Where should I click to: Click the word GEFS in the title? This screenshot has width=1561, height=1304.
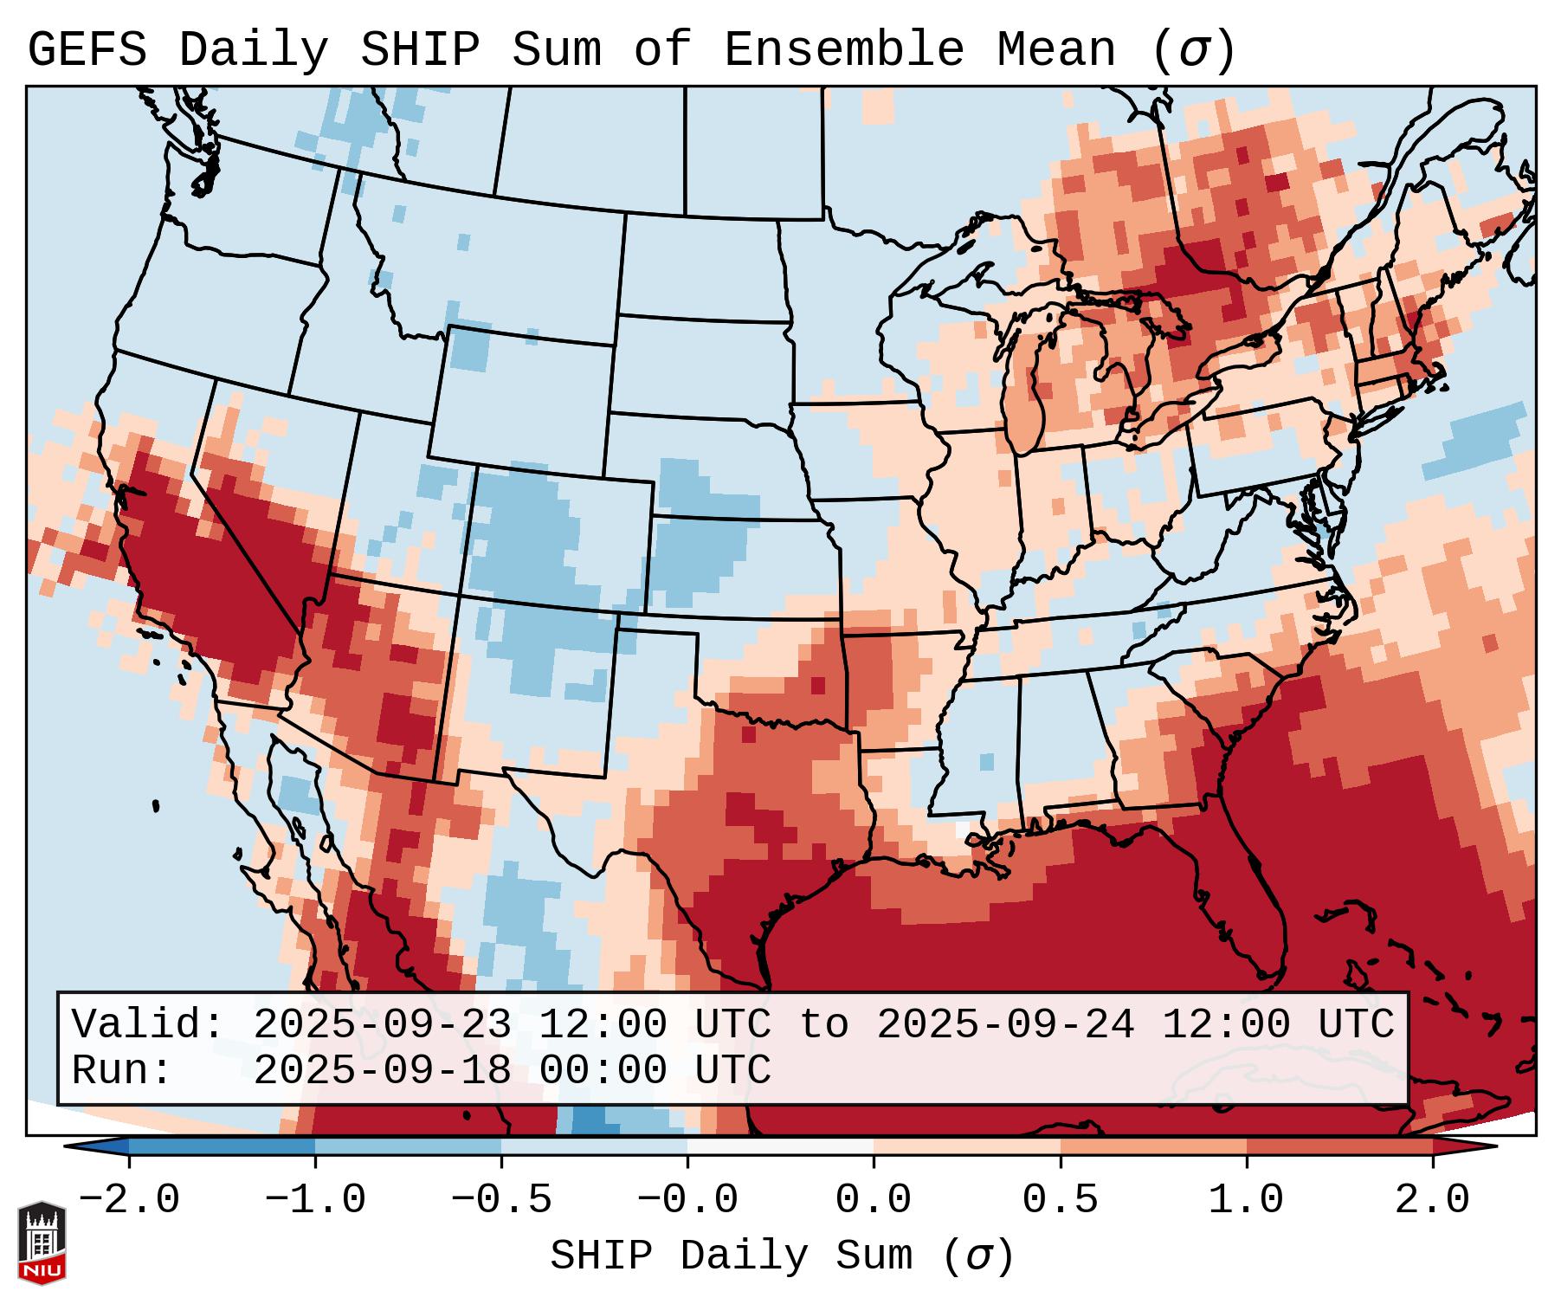[x=87, y=50]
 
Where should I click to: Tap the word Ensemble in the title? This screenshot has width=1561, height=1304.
[x=843, y=50]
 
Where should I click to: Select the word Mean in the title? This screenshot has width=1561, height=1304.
[x=1056, y=50]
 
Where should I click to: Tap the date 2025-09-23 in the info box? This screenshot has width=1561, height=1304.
[x=382, y=1025]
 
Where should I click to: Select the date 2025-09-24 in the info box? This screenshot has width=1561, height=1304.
[x=1005, y=1025]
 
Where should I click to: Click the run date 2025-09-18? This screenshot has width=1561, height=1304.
[x=382, y=1070]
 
